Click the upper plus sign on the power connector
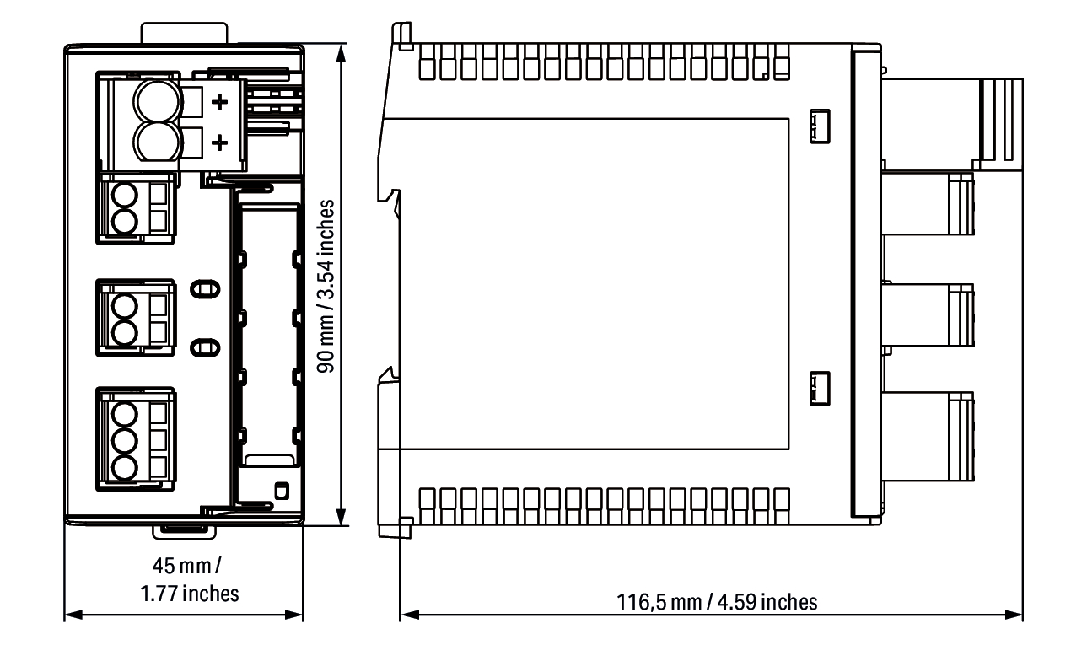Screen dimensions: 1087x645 click(219, 102)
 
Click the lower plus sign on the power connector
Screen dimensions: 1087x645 click(219, 142)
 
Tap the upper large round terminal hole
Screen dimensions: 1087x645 click(157, 101)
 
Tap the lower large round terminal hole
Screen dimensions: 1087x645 click(157, 141)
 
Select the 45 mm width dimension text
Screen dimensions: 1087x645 click(187, 566)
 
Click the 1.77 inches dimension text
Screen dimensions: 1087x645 click(190, 594)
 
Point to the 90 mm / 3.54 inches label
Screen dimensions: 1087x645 click(326, 287)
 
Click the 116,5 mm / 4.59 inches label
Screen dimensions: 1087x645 click(717, 602)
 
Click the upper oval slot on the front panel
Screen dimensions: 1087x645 click(205, 290)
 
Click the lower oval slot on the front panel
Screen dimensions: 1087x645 click(205, 348)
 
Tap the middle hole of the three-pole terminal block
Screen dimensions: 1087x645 click(124, 441)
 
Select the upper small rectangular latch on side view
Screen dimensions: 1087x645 click(821, 126)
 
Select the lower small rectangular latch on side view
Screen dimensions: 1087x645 click(821, 388)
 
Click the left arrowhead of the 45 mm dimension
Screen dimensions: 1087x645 click(73, 615)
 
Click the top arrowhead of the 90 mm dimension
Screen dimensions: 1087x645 click(342, 54)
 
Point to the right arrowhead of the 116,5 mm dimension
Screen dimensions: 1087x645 click(1014, 615)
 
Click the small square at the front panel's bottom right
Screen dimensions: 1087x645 click(282, 492)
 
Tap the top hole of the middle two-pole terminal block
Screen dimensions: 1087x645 click(124, 307)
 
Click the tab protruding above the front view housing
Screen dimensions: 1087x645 click(185, 33)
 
